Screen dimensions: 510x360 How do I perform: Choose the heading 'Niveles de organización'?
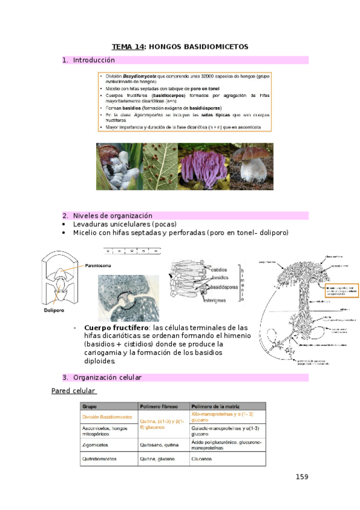112,215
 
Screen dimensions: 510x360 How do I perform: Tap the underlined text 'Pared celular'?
73,392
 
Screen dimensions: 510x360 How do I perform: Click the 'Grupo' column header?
90,407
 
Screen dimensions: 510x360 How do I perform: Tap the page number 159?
302,477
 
